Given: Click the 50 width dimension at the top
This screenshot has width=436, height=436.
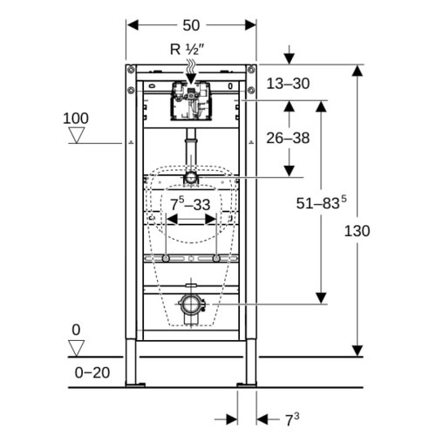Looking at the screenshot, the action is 191,25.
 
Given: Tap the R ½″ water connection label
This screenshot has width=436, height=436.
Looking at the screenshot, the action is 187,50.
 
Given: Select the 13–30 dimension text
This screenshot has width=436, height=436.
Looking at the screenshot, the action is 288,84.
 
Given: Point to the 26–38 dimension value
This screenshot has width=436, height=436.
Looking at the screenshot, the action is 288,138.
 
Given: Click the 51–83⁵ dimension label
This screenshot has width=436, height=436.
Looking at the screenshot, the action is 321,202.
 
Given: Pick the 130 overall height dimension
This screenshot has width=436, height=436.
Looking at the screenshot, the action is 357,231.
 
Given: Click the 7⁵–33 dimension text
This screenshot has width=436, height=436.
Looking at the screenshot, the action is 190,203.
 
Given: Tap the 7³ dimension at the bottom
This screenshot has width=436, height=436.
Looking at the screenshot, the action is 292,419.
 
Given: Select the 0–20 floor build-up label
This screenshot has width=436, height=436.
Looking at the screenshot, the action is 92,372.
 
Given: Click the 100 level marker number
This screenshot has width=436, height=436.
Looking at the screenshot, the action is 76,119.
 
